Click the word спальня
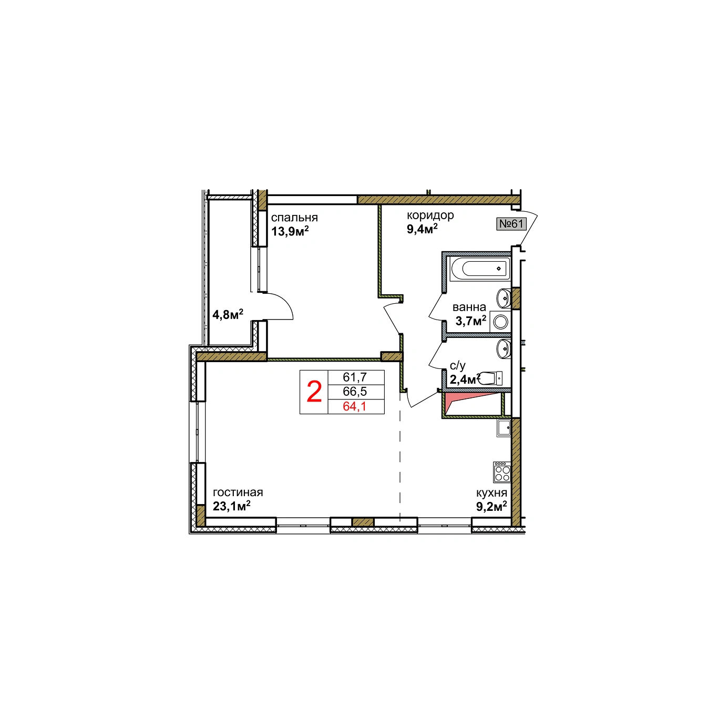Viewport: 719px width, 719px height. point(294,218)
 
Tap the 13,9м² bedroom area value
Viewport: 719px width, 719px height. point(290,231)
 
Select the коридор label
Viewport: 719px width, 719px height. point(430,216)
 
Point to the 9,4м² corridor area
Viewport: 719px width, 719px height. point(422,228)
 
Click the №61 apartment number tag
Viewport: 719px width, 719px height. point(511,224)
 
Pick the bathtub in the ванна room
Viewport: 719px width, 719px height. point(480,269)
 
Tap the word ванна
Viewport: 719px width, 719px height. point(469,307)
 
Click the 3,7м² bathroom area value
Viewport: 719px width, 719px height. point(471,320)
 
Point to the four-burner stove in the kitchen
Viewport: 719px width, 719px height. point(502,472)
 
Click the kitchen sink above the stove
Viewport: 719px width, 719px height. point(504,428)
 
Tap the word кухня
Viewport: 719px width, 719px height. point(491,493)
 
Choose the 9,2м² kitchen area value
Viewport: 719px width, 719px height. point(491,506)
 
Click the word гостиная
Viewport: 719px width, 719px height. point(238,492)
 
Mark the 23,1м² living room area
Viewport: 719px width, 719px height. point(231,506)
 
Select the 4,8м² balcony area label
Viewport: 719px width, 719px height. point(228,314)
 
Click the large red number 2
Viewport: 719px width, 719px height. point(314,392)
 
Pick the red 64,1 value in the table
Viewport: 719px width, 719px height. point(354,406)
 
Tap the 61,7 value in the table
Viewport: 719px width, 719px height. point(355,377)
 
